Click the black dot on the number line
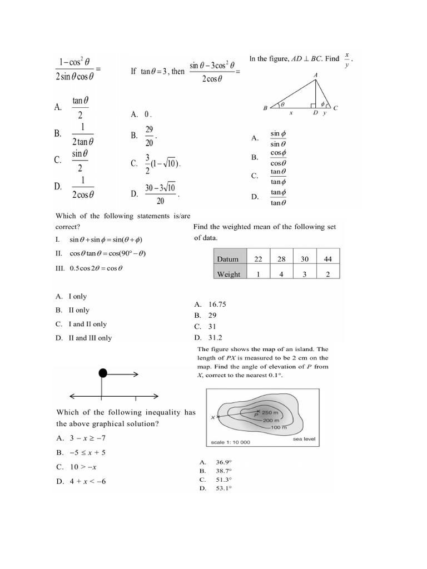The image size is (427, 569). [x=103, y=373]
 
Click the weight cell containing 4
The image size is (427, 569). [x=281, y=274]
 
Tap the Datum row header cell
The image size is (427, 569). [x=229, y=259]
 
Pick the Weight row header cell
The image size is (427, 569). [x=229, y=274]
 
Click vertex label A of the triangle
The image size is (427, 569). [x=316, y=75]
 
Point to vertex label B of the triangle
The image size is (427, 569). [x=265, y=108]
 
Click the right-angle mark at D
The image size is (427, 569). [x=314, y=104]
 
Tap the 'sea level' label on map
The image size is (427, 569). [x=304, y=439]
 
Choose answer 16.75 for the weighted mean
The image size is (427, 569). [x=217, y=305]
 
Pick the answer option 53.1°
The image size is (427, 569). [x=224, y=488]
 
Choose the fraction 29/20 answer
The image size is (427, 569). [x=148, y=136]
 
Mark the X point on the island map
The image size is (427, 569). [x=217, y=416]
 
